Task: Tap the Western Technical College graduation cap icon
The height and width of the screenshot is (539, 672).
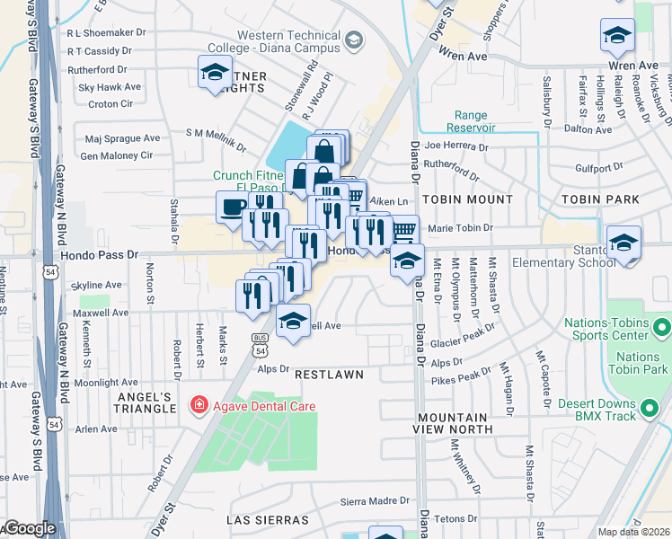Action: pos(353,40)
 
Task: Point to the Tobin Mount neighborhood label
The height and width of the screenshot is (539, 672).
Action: pos(467,199)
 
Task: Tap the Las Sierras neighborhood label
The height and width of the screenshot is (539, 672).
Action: pos(270,519)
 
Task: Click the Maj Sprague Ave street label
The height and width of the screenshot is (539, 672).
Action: pos(121,138)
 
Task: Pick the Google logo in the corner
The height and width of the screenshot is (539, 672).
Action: pos(29,529)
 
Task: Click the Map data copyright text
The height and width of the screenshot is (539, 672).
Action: pos(634,532)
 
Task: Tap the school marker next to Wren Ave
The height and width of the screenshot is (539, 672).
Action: pos(617,37)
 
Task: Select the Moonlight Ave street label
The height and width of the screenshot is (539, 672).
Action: pos(106,383)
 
